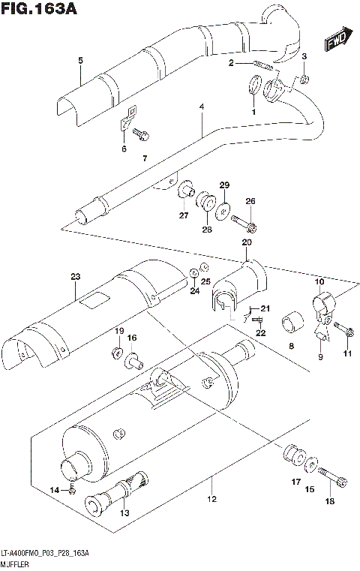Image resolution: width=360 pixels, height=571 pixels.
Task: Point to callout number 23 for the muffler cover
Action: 75,278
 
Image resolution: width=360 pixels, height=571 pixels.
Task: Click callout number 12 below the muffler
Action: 211,500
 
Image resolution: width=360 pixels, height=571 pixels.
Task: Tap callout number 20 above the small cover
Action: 246,242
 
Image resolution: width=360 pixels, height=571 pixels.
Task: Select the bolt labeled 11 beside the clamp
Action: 341,329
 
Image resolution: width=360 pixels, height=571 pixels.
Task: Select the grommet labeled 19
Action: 118,351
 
